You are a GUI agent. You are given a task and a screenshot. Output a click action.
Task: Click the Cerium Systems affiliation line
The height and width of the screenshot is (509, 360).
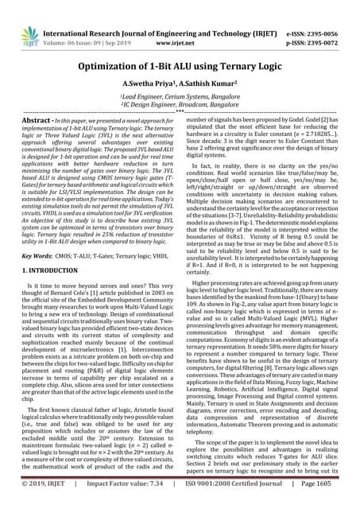[179, 95]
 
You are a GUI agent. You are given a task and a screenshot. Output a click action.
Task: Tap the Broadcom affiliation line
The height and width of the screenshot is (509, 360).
[179, 103]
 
